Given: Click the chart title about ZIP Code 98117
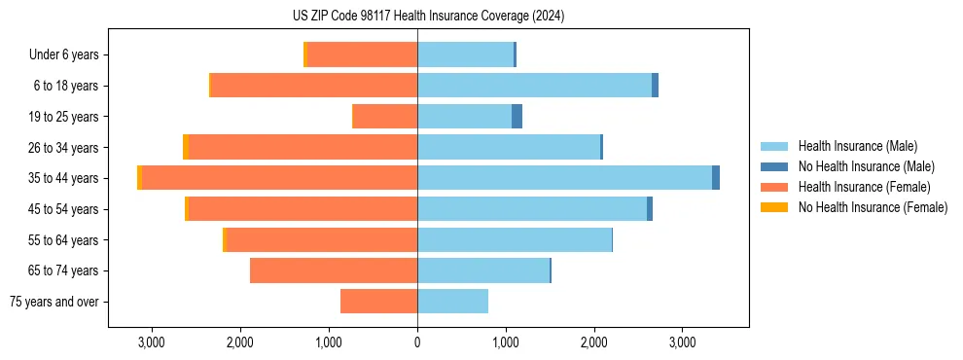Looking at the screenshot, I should (x=428, y=17).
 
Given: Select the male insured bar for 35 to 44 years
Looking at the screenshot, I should (x=564, y=178).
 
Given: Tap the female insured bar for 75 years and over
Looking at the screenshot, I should (x=379, y=302).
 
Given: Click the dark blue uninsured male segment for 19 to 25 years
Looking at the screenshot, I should (x=517, y=117).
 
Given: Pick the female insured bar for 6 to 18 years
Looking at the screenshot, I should (x=314, y=86).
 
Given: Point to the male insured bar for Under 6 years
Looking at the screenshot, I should (x=465, y=54).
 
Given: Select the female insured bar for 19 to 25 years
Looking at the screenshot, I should (x=385, y=117).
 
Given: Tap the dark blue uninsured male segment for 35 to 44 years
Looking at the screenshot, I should (x=716, y=178).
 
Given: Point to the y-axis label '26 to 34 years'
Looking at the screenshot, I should (x=63, y=148).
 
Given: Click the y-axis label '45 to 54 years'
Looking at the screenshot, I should (x=63, y=209).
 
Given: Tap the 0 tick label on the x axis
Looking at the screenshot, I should (x=417, y=342).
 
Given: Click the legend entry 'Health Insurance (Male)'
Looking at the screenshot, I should (x=851, y=147).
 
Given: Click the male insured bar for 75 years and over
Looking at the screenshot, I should (x=452, y=302).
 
